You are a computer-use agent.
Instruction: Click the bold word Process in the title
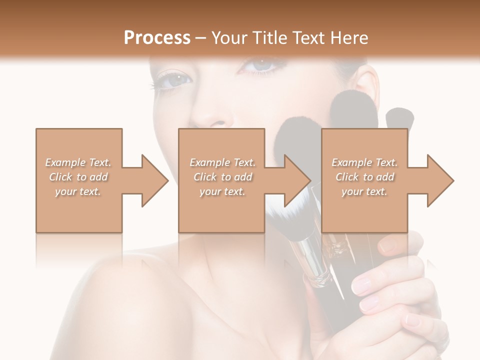coord(157,37)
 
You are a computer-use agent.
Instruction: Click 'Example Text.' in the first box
coord(78,162)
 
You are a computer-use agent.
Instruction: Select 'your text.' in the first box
coord(78,191)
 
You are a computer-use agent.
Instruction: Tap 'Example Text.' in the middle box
coord(222,162)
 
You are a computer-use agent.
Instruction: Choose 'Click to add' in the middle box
coord(222,177)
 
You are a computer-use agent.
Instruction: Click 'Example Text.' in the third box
coord(364,162)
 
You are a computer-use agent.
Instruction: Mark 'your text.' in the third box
coord(364,191)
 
